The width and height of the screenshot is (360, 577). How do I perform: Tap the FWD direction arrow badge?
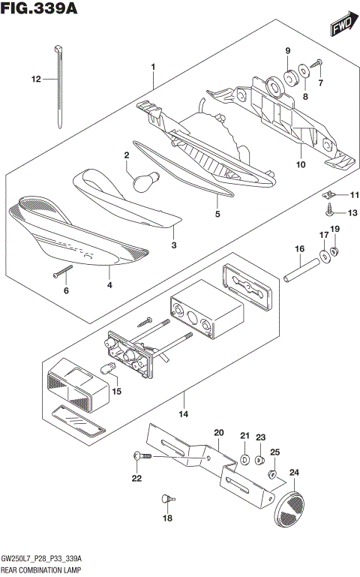pyautogui.click(x=342, y=28)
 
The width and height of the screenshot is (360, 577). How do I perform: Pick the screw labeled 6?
pyautogui.click(x=61, y=271)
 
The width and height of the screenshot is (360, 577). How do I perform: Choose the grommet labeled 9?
pyautogui.click(x=287, y=78)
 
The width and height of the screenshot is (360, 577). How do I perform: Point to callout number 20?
pyautogui.click(x=219, y=433)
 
